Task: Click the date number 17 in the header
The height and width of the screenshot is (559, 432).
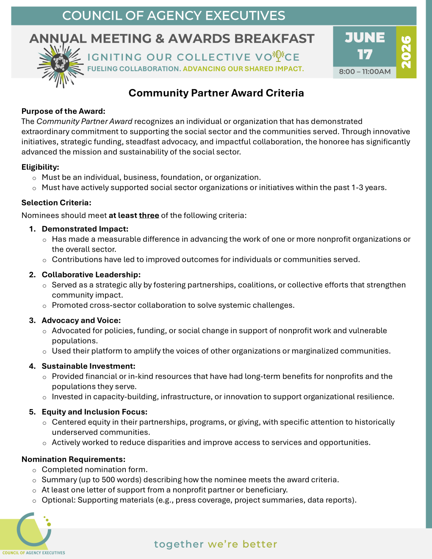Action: tap(365, 55)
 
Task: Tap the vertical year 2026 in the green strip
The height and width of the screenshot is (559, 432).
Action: tap(406, 52)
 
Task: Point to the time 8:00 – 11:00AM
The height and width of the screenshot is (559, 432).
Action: tap(365, 72)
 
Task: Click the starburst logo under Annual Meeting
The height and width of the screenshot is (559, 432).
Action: tap(60, 64)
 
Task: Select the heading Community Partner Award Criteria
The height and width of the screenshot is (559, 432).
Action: tap(216, 93)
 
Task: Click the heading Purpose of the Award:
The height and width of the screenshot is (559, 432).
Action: tap(63, 111)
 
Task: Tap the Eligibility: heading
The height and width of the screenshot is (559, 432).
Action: tap(40, 167)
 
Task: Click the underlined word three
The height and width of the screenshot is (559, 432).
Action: tap(149, 216)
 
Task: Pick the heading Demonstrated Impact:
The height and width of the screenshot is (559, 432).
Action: tap(85, 229)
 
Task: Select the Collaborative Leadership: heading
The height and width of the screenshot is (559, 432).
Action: tap(91, 275)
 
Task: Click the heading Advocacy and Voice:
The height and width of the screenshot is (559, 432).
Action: tap(81, 321)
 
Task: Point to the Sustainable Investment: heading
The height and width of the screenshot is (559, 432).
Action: tap(89, 366)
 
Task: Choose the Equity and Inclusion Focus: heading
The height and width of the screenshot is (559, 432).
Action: tap(94, 412)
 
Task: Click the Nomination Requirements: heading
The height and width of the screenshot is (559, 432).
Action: tap(73, 459)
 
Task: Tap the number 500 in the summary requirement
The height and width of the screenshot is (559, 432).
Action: tap(109, 480)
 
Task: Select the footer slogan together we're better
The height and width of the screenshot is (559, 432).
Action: tap(216, 544)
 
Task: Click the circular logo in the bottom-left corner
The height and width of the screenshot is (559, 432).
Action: tap(34, 530)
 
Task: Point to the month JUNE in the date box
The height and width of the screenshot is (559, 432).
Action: tap(365, 38)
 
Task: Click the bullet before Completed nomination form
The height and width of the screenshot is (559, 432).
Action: tap(34, 470)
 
